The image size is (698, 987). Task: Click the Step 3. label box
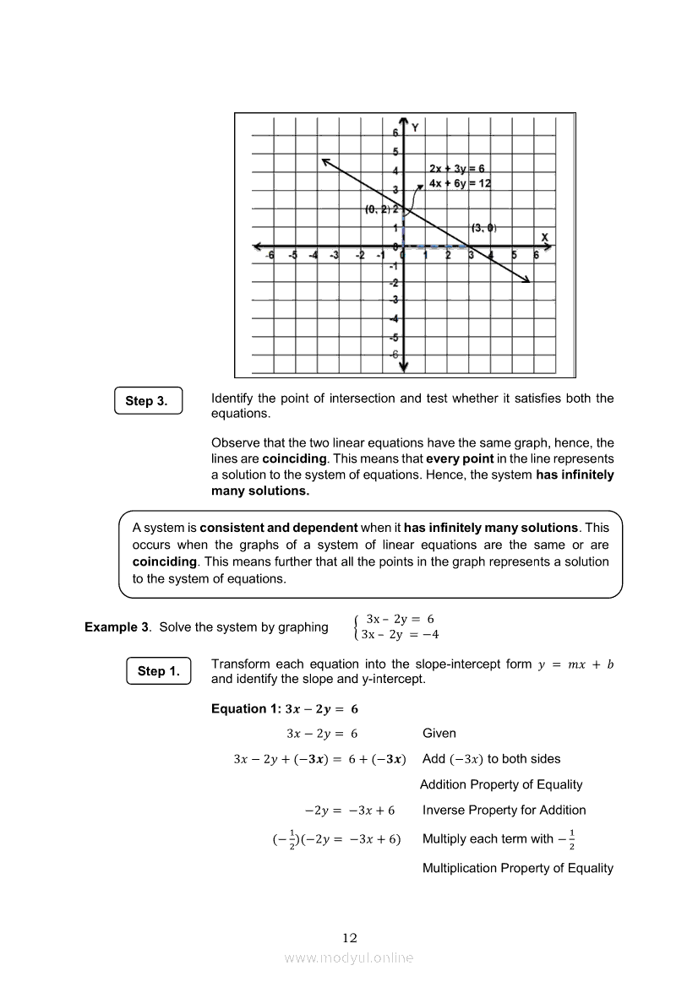point(148,401)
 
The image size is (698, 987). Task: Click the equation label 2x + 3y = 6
point(456,169)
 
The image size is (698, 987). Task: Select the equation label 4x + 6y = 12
point(460,183)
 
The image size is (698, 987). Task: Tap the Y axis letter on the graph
point(415,127)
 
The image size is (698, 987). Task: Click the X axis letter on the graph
point(544,236)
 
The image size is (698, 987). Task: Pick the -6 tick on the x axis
point(270,255)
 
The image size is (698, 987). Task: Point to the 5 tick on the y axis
point(395,153)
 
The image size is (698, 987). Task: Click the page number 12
point(350,937)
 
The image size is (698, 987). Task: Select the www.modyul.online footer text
point(349,957)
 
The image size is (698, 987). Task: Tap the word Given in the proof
point(439,734)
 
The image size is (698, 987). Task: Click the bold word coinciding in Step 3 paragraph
point(294,458)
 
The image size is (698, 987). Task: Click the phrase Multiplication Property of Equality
point(517,868)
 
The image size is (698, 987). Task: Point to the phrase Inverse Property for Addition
point(504,810)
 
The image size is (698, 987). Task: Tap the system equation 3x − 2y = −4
point(399,635)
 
